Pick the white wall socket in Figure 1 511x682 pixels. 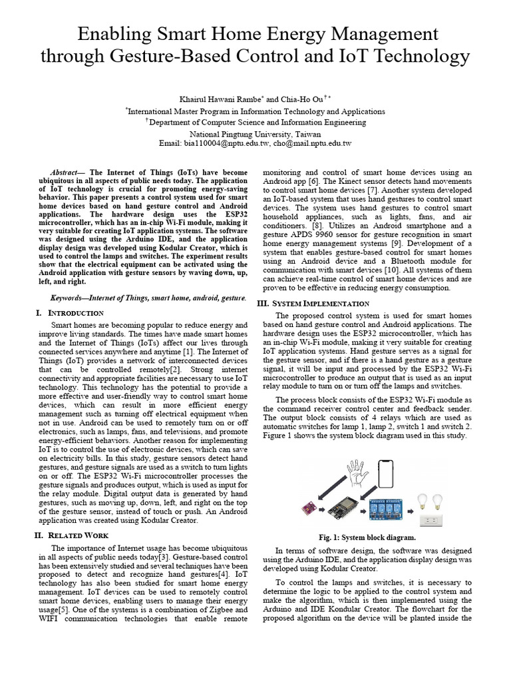432,518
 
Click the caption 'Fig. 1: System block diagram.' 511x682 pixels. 368,537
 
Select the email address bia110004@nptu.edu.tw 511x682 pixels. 226,143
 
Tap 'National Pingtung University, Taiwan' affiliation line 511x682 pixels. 255,133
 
